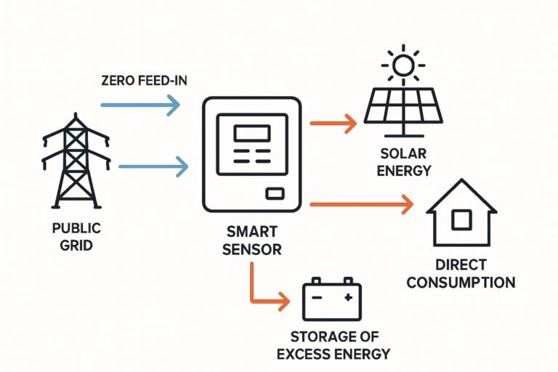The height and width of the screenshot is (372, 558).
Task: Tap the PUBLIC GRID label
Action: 76,237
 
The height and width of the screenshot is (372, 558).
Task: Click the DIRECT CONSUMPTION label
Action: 460,273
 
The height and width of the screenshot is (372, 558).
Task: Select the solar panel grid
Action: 402,107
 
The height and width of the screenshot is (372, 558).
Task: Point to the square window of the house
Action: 461,219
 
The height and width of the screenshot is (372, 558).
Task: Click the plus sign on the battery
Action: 348,297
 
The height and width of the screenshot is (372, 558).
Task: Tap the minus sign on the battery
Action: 315,297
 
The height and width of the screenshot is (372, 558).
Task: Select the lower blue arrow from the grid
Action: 153,167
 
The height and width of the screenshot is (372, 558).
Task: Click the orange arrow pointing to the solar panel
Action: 333,124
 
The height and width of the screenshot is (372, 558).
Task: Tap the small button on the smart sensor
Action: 274,193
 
